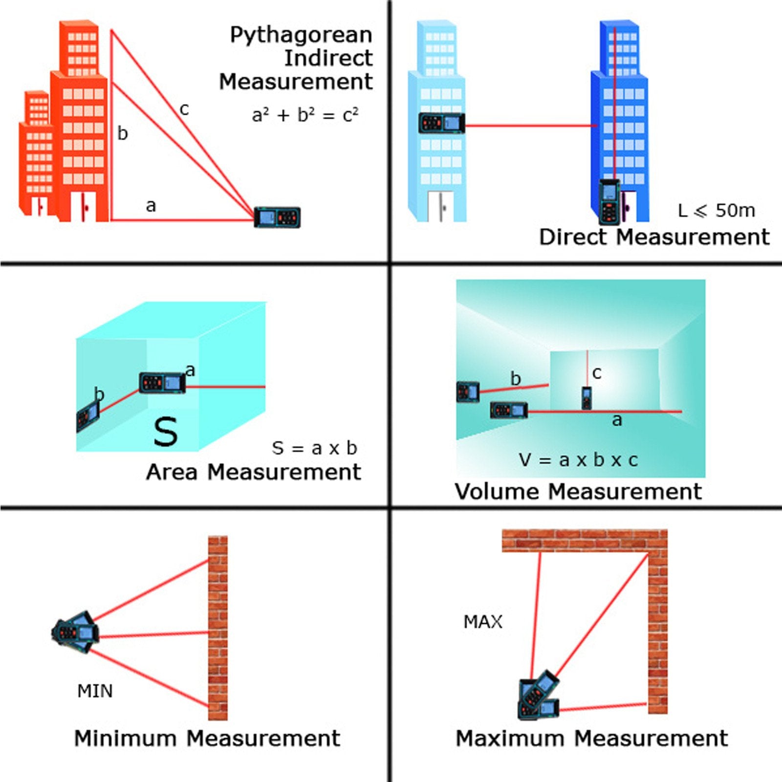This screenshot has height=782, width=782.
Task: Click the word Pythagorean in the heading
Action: coord(301,36)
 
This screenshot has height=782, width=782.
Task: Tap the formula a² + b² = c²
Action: coord(305,115)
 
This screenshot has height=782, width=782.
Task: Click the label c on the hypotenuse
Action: coord(184,109)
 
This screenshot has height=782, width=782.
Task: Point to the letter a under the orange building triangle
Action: coord(151,206)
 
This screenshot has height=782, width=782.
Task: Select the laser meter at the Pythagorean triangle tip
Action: coord(277,217)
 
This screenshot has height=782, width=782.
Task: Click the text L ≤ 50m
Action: coord(716,211)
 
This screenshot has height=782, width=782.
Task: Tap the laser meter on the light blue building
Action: coord(441,123)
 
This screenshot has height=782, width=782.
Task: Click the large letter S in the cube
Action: coord(166,432)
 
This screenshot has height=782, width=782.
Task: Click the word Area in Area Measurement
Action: coord(172,473)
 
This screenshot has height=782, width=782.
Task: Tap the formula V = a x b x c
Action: coord(578,460)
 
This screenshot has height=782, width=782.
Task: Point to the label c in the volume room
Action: coord(597,373)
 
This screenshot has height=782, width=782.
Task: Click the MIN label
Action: coord(95,691)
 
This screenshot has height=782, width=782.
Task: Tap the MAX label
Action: coord(483,622)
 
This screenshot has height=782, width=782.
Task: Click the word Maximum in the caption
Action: coord(510,739)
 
